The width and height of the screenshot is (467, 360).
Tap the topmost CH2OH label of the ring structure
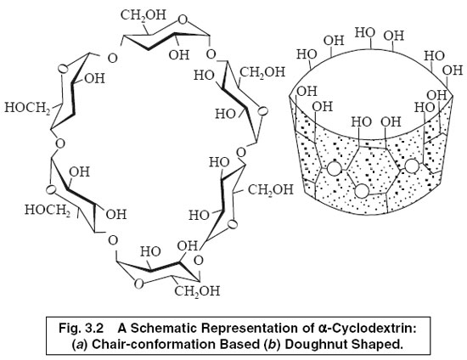pyautogui.click(x=142, y=15)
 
